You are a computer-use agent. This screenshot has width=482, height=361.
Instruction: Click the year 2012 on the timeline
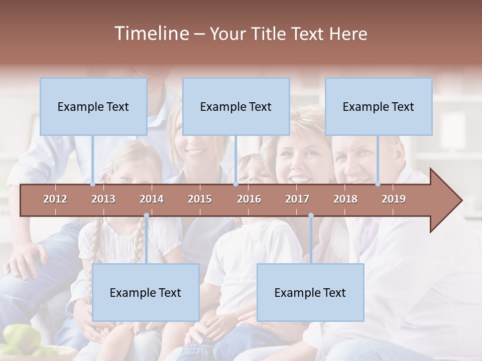(x=55, y=199)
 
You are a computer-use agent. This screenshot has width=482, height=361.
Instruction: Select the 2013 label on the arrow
(x=103, y=199)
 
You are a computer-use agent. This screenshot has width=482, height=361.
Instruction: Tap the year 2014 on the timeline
(x=152, y=199)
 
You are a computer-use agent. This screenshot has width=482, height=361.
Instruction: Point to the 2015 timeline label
(x=200, y=199)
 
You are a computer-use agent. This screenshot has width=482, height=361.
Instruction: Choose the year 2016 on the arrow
(x=249, y=199)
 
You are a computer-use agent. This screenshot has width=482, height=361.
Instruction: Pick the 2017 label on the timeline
(x=297, y=199)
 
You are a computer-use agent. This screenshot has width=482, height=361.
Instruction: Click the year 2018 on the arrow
(x=345, y=199)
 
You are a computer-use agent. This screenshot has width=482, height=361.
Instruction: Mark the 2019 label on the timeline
(x=394, y=199)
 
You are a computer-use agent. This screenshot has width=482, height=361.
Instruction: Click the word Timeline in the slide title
(x=151, y=34)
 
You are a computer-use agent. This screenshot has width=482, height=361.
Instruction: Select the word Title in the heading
(x=269, y=34)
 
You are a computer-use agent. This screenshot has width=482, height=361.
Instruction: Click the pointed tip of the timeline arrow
(x=461, y=201)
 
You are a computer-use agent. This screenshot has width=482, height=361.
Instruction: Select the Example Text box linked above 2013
(x=93, y=106)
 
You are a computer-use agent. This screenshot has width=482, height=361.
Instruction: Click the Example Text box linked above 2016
(x=236, y=106)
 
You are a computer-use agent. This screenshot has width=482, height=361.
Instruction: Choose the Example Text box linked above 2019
(x=379, y=106)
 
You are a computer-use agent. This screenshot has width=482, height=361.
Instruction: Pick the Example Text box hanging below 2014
(x=146, y=292)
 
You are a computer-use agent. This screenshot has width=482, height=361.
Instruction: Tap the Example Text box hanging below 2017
(x=310, y=292)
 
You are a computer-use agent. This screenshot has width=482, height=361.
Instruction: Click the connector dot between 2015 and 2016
(x=236, y=184)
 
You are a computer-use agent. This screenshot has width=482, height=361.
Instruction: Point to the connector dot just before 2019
(x=378, y=184)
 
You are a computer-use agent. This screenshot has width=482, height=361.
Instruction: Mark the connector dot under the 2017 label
(x=311, y=216)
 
